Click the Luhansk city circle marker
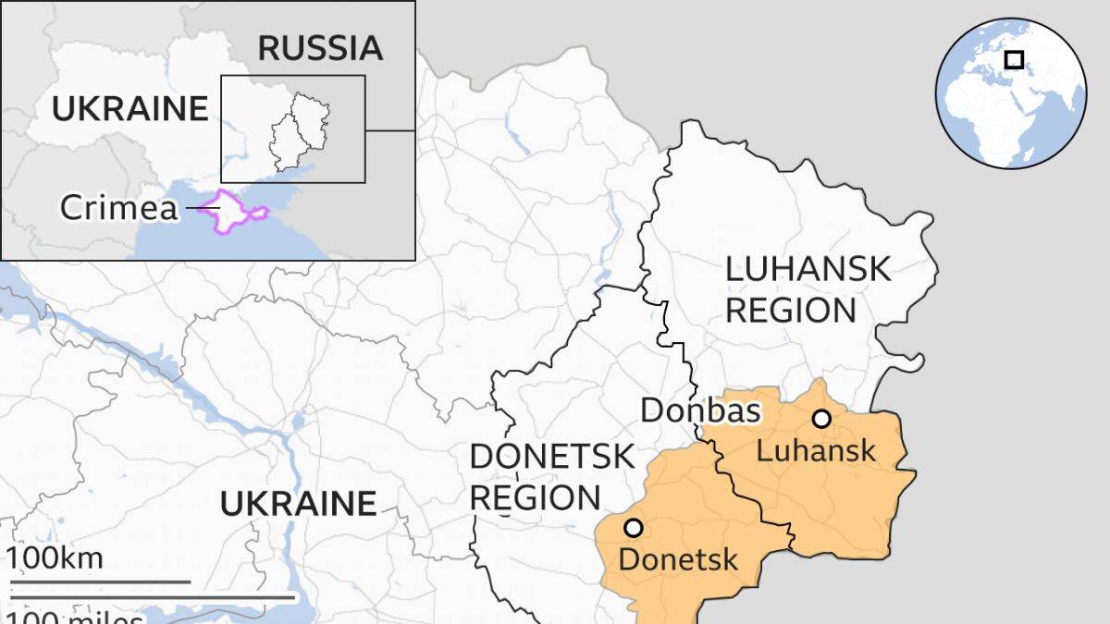point(821,419)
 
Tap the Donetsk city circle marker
point(633,528)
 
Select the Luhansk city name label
point(815,451)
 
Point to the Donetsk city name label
point(678,559)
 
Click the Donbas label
point(700,411)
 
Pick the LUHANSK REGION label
point(807,288)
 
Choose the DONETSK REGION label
point(551,476)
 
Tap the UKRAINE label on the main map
point(298,504)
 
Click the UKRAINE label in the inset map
point(129,109)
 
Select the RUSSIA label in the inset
point(319,48)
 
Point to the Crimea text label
point(118,208)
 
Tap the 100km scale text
point(55,559)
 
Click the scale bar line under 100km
point(100,582)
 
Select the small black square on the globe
point(1014,60)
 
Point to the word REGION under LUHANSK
point(791,311)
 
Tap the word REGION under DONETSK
point(535,498)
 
